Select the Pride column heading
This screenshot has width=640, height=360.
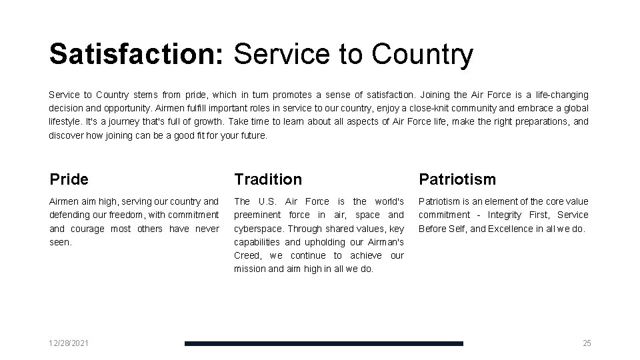pyautogui.click(x=69, y=179)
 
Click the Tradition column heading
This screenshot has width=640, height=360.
pyautogui.click(x=267, y=179)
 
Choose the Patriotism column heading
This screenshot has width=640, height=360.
pyautogui.click(x=457, y=179)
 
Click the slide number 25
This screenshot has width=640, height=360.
pyautogui.click(x=587, y=343)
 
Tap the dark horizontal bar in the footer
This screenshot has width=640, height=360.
pyautogui.click(x=323, y=343)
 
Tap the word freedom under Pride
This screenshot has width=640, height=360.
pyautogui.click(x=125, y=215)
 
